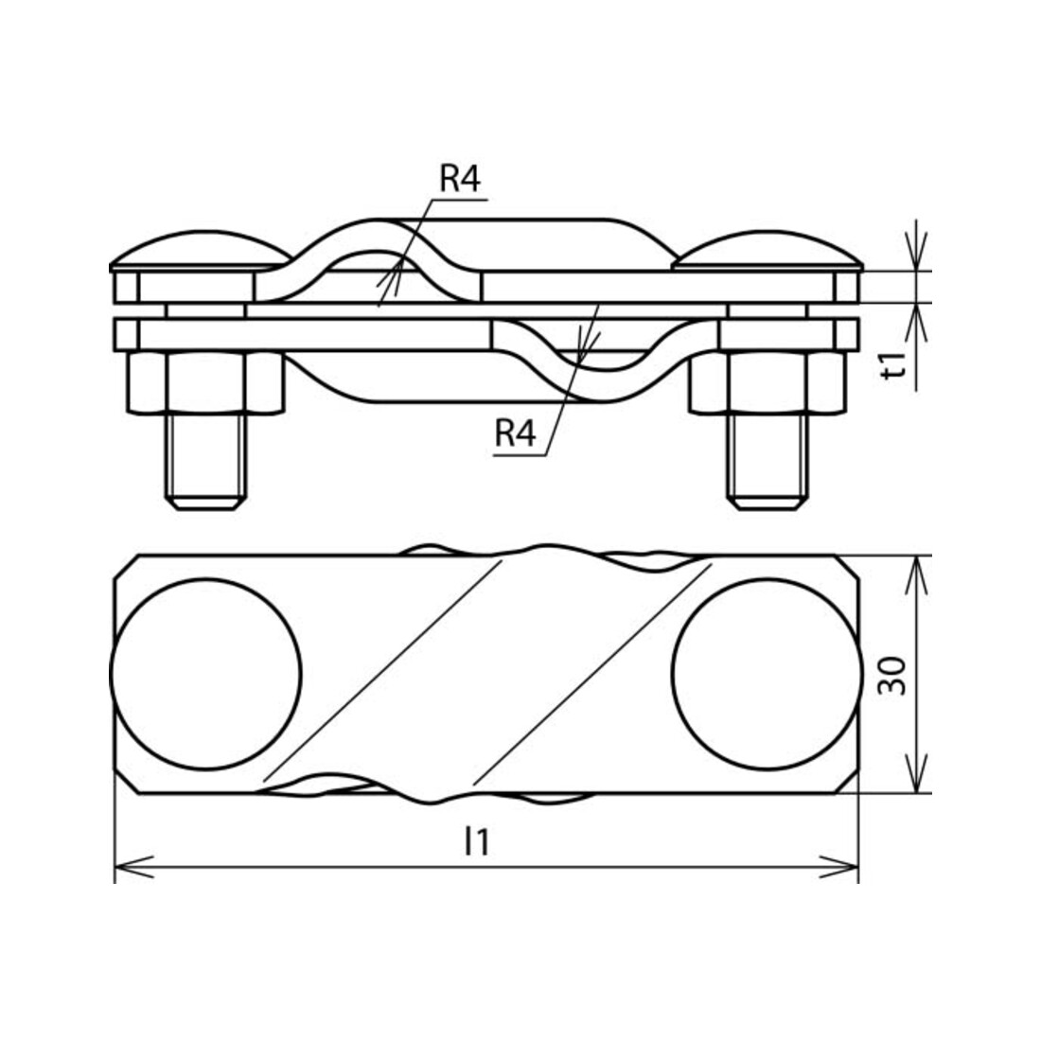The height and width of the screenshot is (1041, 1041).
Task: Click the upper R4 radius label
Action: point(460,179)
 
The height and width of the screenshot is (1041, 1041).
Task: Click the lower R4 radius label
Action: point(515,433)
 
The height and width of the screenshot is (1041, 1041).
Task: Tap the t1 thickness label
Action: point(895,366)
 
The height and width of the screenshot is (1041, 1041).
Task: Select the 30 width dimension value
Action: point(891,675)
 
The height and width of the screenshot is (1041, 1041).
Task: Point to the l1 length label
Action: point(477,842)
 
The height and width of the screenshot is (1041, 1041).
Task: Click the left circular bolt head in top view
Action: point(205,674)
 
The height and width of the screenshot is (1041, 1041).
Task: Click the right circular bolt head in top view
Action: point(767,674)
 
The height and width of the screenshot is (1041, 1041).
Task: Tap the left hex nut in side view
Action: point(205,383)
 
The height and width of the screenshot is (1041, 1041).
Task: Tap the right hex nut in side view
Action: point(768,383)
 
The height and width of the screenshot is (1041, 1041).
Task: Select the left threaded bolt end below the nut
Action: point(205,462)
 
